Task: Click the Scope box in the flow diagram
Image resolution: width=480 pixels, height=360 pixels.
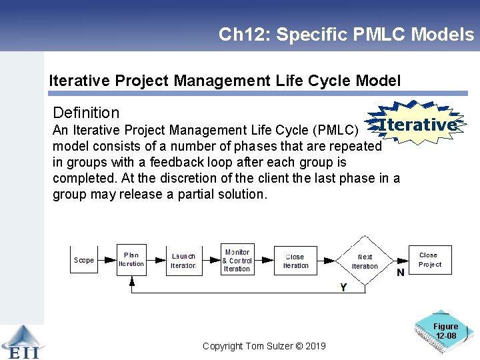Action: [84, 260]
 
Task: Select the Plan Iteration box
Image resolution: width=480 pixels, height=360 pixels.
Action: [131, 259]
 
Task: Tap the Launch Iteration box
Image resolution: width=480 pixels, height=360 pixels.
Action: [183, 260]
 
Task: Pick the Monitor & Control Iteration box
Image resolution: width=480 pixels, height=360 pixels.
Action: [237, 260]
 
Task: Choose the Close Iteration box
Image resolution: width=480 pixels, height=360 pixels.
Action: [295, 260]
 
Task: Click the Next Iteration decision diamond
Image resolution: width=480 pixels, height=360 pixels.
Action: [364, 261]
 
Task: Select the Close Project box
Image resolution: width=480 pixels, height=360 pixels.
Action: [430, 259]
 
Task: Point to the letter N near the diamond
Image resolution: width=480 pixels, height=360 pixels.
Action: [400, 273]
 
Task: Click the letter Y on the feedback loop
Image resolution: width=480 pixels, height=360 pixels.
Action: [343, 287]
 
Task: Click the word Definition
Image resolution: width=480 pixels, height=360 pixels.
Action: [86, 113]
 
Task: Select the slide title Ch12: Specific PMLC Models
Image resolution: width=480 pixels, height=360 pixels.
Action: [346, 35]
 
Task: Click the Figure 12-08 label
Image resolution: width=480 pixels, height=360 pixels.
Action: [446, 331]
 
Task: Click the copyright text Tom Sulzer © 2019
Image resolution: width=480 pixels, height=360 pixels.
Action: [264, 345]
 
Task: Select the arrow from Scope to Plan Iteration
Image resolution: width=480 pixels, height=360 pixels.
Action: [107, 260]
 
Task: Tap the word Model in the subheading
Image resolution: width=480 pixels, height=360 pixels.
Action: [379, 81]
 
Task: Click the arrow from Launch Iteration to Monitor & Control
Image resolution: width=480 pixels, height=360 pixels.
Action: [211, 260]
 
